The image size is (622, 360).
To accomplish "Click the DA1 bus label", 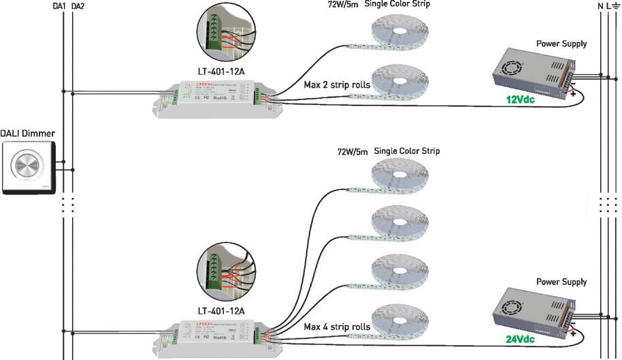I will [x=59, y=6].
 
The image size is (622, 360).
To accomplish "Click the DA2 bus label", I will [x=77, y=6].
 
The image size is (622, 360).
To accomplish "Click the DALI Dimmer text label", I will [x=28, y=133].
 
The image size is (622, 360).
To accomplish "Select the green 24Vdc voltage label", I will [x=521, y=339].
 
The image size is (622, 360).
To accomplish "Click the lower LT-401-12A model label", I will [x=220, y=311].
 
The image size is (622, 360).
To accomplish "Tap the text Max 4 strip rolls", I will [x=337, y=327].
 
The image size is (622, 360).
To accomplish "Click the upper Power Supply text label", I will [x=561, y=44].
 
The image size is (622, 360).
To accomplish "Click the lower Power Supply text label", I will [x=561, y=282].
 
